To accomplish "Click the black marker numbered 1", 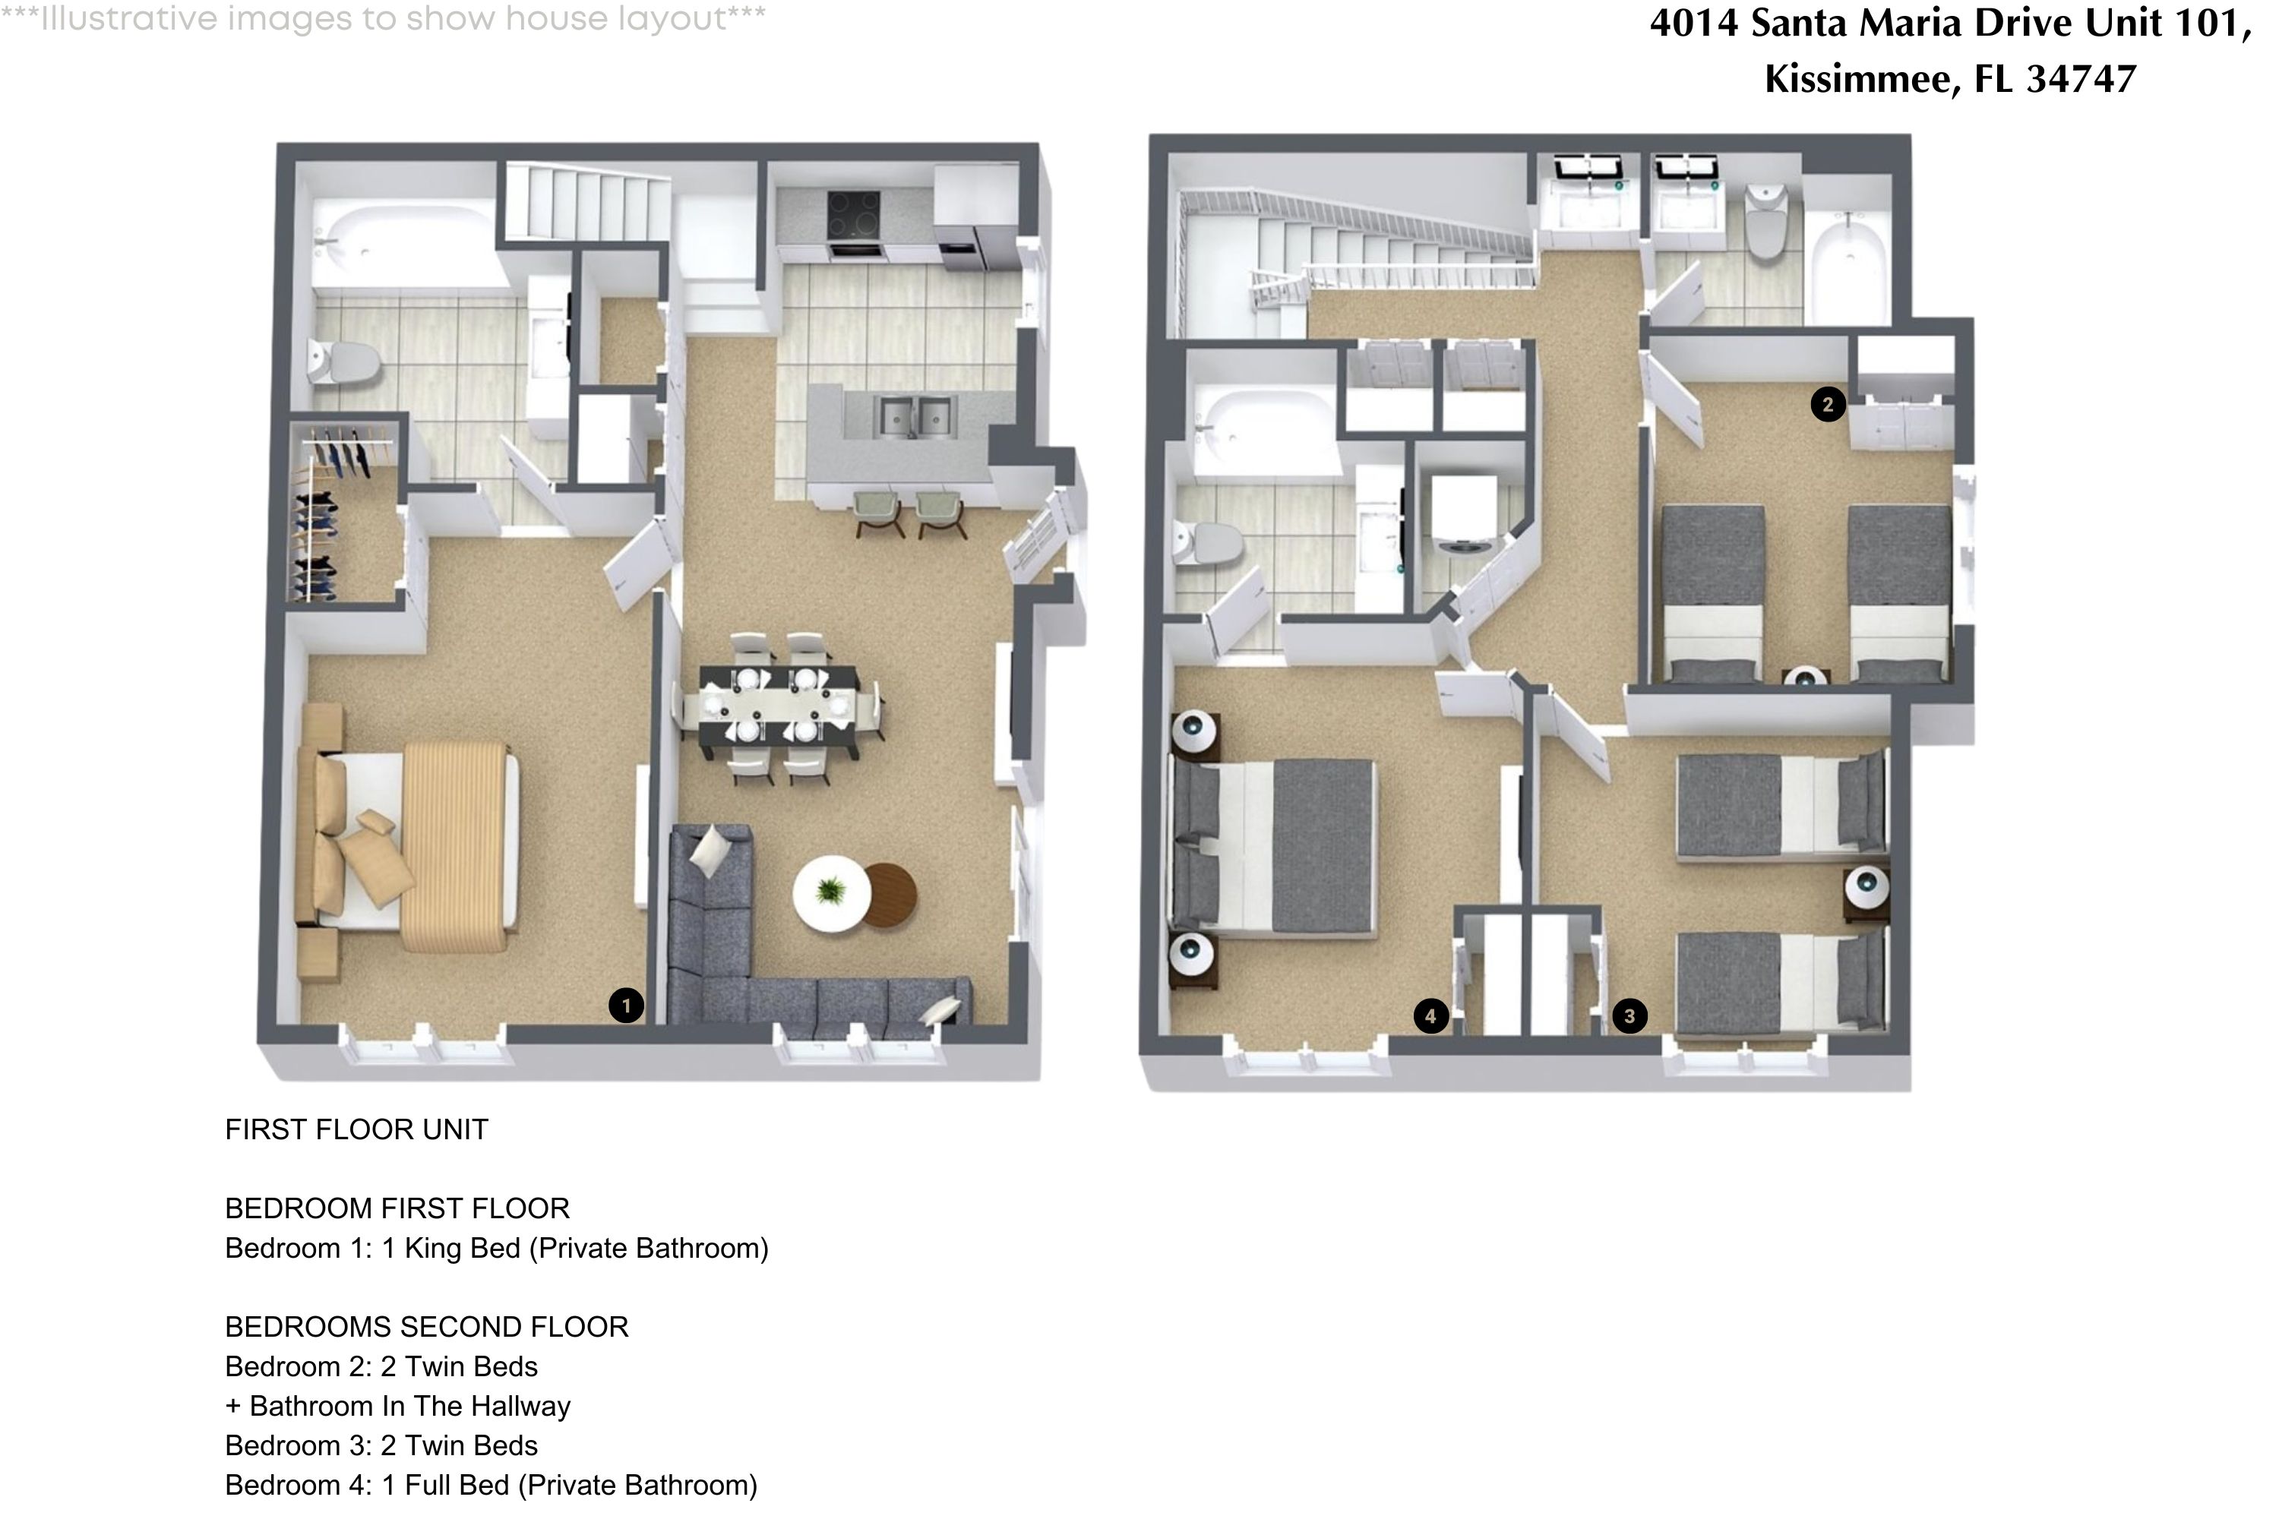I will (626, 1006).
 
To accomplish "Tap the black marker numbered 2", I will (1828, 404).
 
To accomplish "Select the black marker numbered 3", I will (1629, 1016).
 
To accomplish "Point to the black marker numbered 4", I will (1430, 1016).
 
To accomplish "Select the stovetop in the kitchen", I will (854, 214).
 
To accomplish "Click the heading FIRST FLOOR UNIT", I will (356, 1129).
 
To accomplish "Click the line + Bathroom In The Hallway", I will (397, 1406).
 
